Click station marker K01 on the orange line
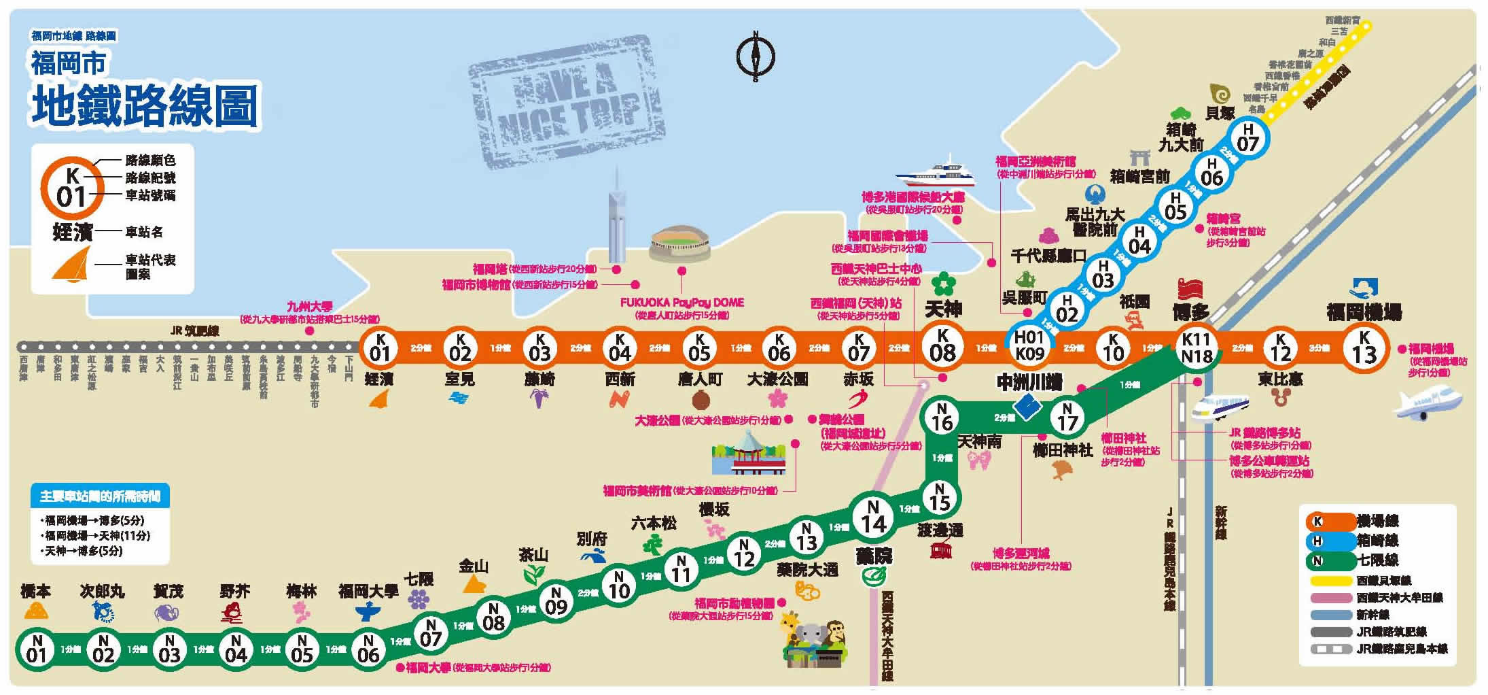[380, 347]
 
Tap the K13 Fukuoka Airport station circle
[1364, 348]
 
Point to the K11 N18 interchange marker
[1196, 348]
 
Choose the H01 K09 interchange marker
[1029, 346]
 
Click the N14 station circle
[873, 517]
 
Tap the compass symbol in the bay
[756, 56]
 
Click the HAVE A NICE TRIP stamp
[557, 102]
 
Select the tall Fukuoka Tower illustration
[616, 218]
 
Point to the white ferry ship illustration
[936, 174]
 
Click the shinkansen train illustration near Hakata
[1220, 408]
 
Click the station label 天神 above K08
[943, 310]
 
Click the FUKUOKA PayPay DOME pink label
[681, 303]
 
